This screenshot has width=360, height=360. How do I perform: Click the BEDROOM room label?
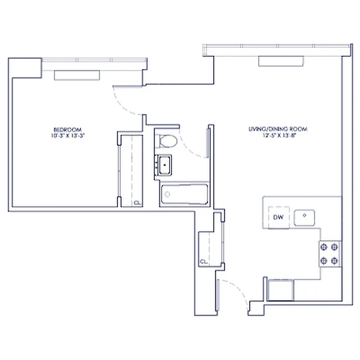tap(67, 129)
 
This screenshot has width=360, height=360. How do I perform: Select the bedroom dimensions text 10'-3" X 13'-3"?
tap(67, 134)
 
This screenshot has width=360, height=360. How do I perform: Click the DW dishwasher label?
tap(278, 218)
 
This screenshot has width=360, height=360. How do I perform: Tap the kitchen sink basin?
tap(305, 218)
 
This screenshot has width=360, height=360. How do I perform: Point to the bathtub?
tap(184, 194)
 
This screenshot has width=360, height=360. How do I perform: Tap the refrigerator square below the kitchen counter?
tap(280, 289)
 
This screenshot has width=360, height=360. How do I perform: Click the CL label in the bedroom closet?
tap(136, 203)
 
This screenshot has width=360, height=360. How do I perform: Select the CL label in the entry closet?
tap(203, 261)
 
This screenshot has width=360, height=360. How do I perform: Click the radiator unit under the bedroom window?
tap(76, 75)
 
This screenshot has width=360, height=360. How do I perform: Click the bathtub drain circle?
tap(167, 194)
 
